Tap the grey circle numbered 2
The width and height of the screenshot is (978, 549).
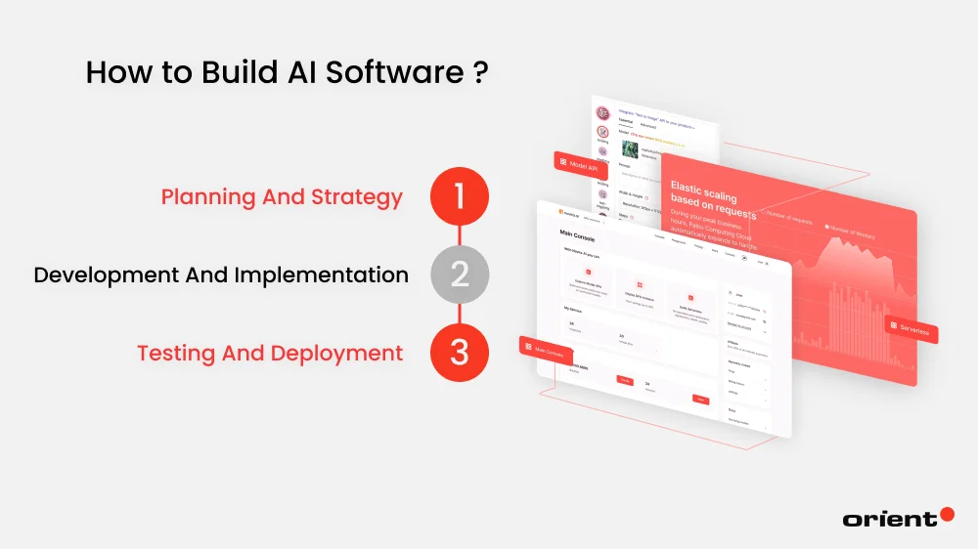coord(459,275)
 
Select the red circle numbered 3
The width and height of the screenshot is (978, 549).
coord(459,354)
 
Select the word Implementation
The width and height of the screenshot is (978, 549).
coord(322,275)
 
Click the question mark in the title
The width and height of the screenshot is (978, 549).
coord(480,73)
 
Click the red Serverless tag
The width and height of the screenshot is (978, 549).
coord(911,329)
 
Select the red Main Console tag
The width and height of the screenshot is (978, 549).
coord(546,349)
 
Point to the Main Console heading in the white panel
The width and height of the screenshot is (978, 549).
coord(581,236)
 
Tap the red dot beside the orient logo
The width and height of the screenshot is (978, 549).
coord(946,514)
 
